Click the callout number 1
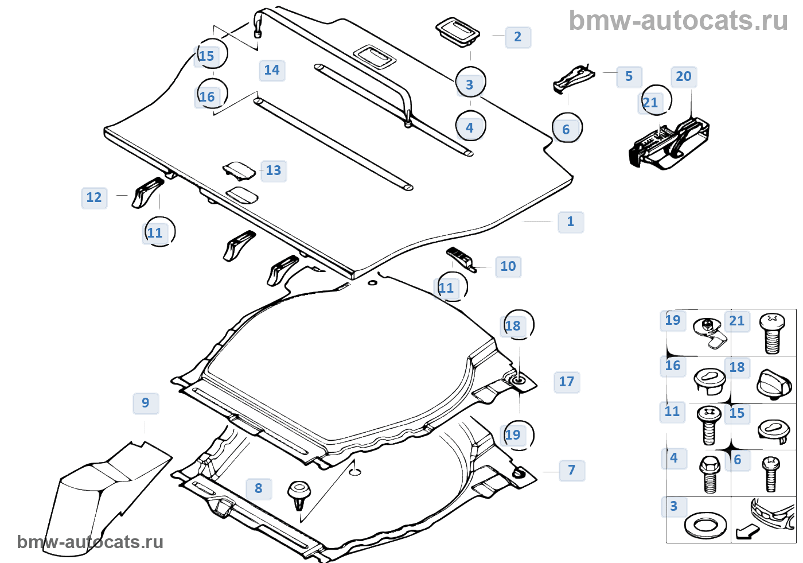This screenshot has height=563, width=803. point(570,222)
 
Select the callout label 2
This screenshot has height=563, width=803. point(517,37)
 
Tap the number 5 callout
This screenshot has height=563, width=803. point(629,76)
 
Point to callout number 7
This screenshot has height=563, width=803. point(571,470)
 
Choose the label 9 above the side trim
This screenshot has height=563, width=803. point(145,403)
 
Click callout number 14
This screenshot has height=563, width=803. point(271,70)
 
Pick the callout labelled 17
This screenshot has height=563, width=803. point(566,382)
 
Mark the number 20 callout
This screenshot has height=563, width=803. point(683,76)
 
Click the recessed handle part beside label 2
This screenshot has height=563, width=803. point(457,32)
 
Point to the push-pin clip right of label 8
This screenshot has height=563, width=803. point(299,495)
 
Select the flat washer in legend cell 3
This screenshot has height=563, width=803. point(705,524)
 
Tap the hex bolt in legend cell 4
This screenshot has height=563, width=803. point(709,473)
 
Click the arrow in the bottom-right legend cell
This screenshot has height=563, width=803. point(747,532)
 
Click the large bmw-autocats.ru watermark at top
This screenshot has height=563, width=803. point(678,21)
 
